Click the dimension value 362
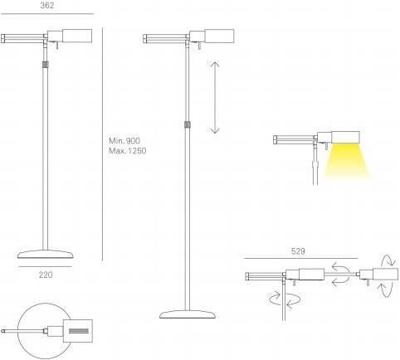tap(47, 5)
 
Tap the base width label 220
tap(46, 275)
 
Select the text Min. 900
tap(124, 141)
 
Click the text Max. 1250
tap(128, 151)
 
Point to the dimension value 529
tap(298, 251)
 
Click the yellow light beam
tap(347, 160)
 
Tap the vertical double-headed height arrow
tap(215, 98)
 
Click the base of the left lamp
tap(46, 254)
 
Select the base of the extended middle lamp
tap(188, 314)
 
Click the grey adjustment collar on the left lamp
tap(46, 65)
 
